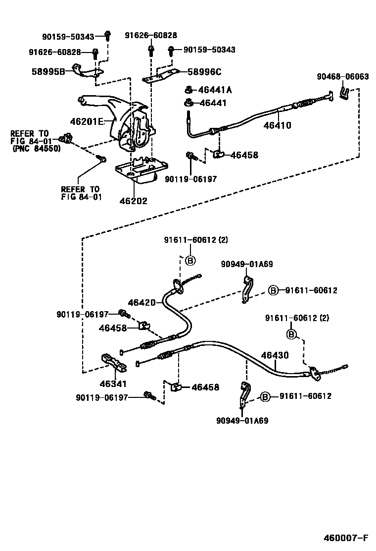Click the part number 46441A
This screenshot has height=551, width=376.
tap(215, 90)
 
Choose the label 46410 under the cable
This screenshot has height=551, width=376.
tap(277, 126)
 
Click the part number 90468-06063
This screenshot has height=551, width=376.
tap(343, 77)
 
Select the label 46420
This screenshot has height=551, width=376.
tap(142, 302)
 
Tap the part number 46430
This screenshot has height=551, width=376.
tap(275, 355)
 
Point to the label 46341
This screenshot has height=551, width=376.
tap(113, 384)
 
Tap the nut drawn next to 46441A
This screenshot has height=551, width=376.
tap(188, 90)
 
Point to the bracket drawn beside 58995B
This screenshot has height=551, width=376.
tap(86, 72)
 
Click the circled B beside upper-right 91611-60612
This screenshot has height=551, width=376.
tap(273, 290)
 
